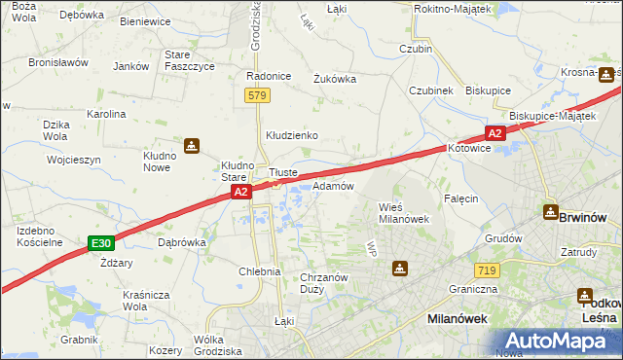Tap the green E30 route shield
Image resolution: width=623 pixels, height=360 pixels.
point(99,242)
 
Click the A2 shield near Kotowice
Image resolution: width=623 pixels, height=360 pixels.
point(495,133)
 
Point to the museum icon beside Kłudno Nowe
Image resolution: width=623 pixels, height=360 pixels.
point(193,147)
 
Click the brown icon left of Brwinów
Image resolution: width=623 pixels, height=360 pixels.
point(549,213)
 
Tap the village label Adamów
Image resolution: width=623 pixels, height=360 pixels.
point(332,185)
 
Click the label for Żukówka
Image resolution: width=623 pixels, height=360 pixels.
point(334,80)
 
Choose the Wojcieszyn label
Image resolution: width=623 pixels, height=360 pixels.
point(74,159)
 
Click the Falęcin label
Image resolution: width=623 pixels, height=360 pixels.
point(460,198)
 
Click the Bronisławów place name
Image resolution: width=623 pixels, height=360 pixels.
point(58,62)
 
